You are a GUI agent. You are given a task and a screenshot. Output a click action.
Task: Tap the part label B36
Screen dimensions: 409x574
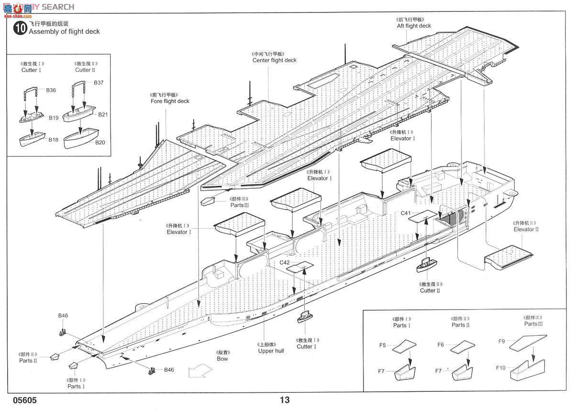pyautogui.click(x=51, y=90)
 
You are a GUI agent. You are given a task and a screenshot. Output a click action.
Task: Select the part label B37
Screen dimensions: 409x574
pyautogui.click(x=99, y=83)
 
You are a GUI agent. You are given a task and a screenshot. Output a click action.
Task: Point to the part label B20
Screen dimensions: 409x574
pyautogui.click(x=99, y=142)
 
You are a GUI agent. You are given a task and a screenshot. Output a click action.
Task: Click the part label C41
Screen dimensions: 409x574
pyautogui.click(x=406, y=213)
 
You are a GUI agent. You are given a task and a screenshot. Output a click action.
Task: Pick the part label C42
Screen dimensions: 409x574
pyautogui.click(x=285, y=262)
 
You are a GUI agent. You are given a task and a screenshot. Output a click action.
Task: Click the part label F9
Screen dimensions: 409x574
pyautogui.click(x=501, y=341)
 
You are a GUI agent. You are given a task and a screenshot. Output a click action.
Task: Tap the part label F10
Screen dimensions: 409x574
pyautogui.click(x=501, y=367)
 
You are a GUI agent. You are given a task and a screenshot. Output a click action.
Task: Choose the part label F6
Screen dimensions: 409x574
pyautogui.click(x=441, y=344)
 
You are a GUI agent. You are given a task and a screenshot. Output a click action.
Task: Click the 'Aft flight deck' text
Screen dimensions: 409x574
pyautogui.click(x=414, y=26)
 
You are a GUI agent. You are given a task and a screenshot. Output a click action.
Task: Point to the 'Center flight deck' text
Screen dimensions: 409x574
pyautogui.click(x=275, y=60)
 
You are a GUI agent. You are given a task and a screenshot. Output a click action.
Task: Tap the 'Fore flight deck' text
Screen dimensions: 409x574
pyautogui.click(x=169, y=101)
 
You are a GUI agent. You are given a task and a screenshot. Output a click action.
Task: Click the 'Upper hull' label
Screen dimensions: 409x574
pyautogui.click(x=271, y=351)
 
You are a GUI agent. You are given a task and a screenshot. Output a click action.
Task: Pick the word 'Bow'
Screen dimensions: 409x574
pyautogui.click(x=222, y=358)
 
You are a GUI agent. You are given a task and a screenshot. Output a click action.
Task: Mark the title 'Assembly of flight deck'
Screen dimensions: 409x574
pyautogui.click(x=64, y=32)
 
